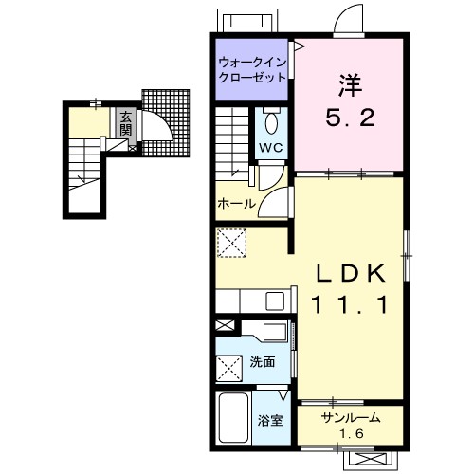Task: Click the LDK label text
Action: tap(351, 273)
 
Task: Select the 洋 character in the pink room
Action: tap(350, 85)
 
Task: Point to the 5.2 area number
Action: tap(350, 117)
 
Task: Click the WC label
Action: tap(271, 147)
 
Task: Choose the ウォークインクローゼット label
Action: tap(252, 70)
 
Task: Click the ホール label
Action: tap(236, 204)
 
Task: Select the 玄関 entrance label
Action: tap(126, 123)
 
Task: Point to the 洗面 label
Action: tap(263, 362)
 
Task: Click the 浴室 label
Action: tap(269, 421)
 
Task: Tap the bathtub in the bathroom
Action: tap(233, 417)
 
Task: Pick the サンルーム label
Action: tap(351, 418)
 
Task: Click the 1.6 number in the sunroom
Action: tap(352, 434)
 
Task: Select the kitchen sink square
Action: tap(275, 301)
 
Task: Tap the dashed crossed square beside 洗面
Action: tap(229, 368)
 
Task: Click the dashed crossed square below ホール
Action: tap(232, 243)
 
